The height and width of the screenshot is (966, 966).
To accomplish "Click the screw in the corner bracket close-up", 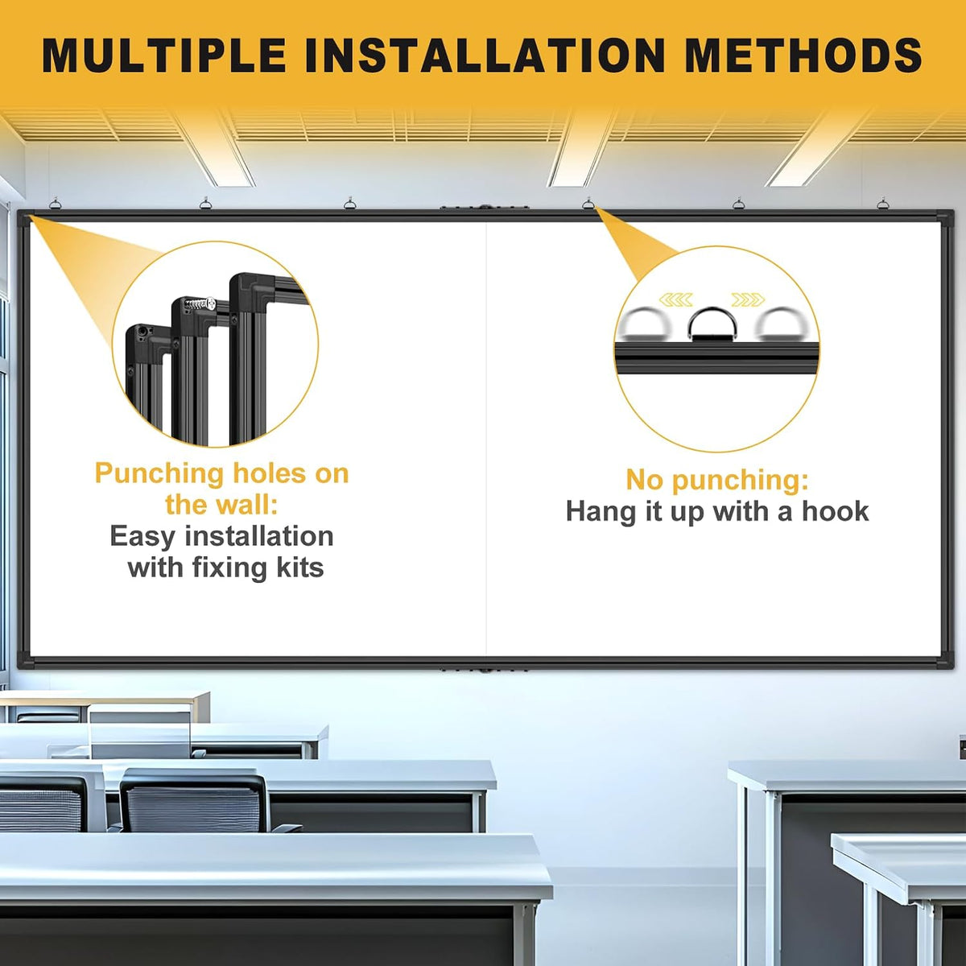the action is click(x=200, y=303).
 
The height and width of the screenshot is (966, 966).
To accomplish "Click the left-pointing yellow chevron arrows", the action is click(x=676, y=299).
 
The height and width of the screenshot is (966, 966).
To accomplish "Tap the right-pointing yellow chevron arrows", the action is click(x=748, y=299).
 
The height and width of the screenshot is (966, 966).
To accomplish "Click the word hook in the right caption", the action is click(x=835, y=511).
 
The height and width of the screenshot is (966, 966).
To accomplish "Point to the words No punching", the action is click(x=717, y=481).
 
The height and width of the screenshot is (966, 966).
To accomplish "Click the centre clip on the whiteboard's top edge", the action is click(x=485, y=207).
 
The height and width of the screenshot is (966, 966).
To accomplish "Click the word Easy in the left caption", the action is click(x=142, y=537).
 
